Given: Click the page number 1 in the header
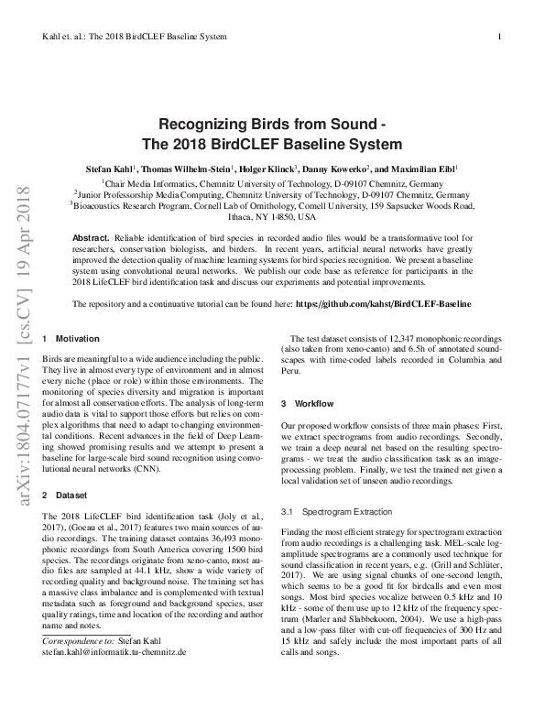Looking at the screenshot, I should tap(499, 36).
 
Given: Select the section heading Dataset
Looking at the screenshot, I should tap(71, 495).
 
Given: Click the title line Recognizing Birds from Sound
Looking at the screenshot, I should tap(272, 125).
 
